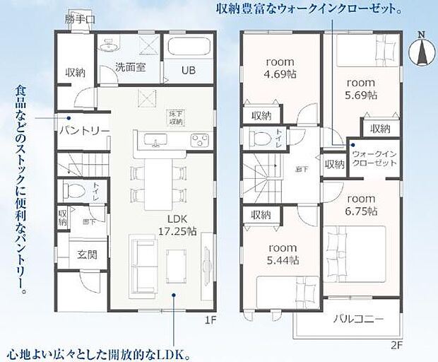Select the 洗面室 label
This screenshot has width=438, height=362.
131,69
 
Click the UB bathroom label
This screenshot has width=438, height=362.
189,71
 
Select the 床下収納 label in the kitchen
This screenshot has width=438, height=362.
175,117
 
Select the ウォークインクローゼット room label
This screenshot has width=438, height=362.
373,158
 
